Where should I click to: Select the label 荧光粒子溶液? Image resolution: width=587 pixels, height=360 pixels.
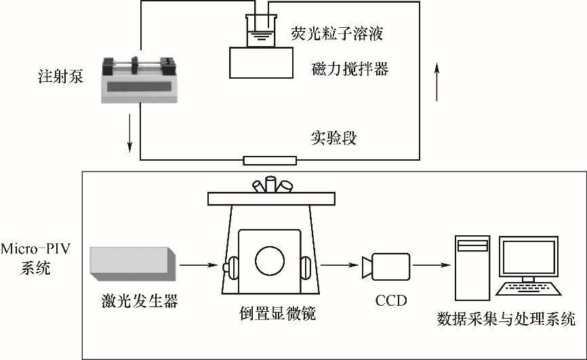(x=332, y=33)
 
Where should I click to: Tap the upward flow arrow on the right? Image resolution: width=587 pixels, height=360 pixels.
(x=437, y=80)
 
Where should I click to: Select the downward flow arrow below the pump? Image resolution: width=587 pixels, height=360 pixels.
(x=129, y=135)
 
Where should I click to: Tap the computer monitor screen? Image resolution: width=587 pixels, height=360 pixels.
(x=528, y=257)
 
